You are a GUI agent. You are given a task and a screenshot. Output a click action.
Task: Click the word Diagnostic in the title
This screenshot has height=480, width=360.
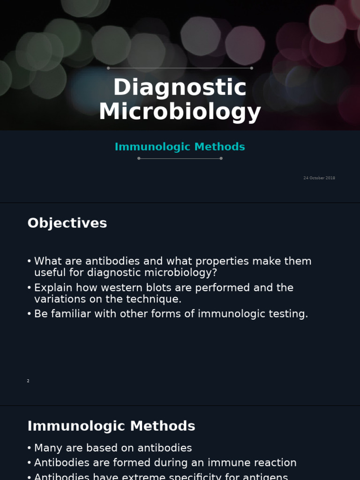click(x=180, y=87)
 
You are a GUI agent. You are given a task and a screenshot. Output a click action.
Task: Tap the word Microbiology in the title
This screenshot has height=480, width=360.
click(x=180, y=112)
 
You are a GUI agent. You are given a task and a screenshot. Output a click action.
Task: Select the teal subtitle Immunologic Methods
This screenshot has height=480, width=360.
click(x=180, y=147)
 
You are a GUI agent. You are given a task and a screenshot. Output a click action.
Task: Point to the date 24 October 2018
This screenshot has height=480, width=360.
click(x=319, y=178)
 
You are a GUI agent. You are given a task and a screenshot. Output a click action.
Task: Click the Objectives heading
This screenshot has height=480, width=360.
click(x=67, y=223)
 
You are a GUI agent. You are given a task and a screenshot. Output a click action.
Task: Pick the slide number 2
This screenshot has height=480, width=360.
click(x=28, y=381)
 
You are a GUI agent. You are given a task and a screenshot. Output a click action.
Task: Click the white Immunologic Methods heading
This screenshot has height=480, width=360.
click(x=111, y=426)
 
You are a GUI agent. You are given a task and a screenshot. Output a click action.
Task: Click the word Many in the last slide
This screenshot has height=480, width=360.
click(x=47, y=448)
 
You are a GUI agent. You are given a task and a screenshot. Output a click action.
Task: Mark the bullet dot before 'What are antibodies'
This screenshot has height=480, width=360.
click(x=29, y=262)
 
